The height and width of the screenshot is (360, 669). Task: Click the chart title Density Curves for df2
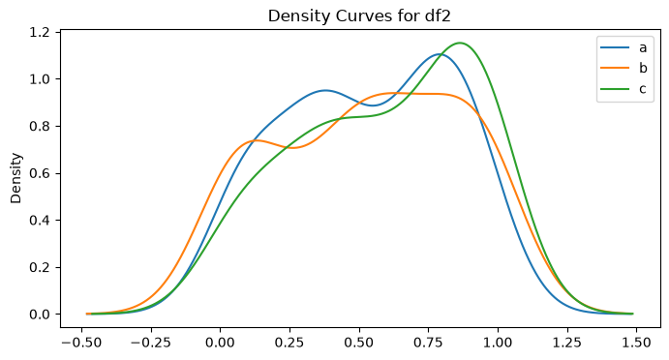tap(359, 15)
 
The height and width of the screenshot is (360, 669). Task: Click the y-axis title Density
tap(15, 178)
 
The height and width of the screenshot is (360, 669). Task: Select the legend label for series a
tap(643, 47)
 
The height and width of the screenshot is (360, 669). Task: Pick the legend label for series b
tap(643, 68)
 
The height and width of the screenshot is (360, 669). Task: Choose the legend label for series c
tap(642, 89)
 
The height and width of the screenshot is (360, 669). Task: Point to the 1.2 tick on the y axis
tap(40, 32)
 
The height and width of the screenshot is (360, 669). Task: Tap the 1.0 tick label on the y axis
tap(40, 79)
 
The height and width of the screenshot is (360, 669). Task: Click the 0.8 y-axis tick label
tap(40, 126)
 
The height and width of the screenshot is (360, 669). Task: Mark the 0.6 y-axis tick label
tap(40, 173)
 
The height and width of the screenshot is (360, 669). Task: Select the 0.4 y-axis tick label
tap(40, 221)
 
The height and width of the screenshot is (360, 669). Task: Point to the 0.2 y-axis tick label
tap(40, 267)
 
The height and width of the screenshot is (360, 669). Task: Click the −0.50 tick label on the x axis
tap(81, 343)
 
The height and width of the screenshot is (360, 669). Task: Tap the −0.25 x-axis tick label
tap(151, 343)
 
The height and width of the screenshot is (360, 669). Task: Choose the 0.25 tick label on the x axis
tap(289, 343)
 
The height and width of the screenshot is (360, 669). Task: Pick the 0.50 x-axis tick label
tap(359, 343)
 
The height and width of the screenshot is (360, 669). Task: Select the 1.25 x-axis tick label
tap(567, 343)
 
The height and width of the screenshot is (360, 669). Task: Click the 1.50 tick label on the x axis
tap(637, 343)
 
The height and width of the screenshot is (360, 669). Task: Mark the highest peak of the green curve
tap(460, 43)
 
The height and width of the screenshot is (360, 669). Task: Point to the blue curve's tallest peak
tap(439, 54)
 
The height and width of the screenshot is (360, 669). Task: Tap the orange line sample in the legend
tap(615, 68)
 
